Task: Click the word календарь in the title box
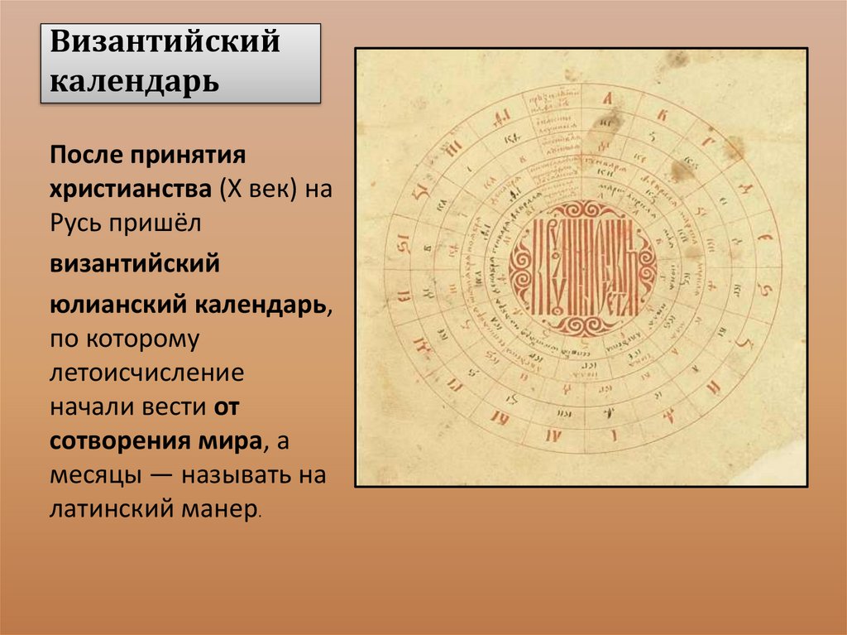[136, 81]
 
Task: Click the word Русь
[77, 223]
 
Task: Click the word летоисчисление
[146, 373]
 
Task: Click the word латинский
[108, 509]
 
